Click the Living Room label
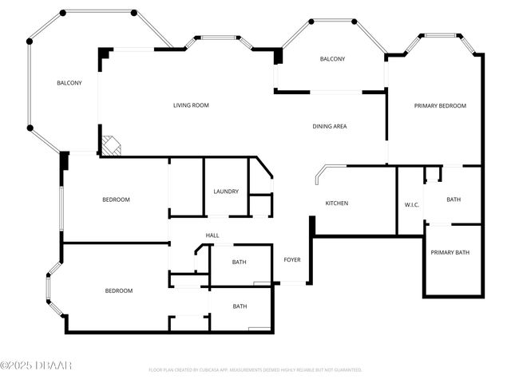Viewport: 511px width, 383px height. [x=192, y=105]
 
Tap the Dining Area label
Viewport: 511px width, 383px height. [x=329, y=126]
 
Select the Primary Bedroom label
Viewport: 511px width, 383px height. [x=440, y=105]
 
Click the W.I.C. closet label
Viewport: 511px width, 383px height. [x=412, y=205]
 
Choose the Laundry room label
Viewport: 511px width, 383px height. [x=226, y=191]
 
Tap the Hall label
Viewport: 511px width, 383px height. [x=212, y=235]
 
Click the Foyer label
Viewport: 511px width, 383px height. [x=292, y=260]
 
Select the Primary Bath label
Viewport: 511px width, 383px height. [x=450, y=253]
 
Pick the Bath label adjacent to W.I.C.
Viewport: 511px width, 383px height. [x=454, y=199]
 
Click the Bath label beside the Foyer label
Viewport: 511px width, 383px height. [x=240, y=263]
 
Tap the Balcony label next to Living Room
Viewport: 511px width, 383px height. [x=69, y=83]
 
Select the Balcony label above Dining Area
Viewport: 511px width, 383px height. [x=332, y=59]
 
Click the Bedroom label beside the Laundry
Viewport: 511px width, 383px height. [x=116, y=199]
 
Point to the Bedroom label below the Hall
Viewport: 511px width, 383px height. [x=119, y=291]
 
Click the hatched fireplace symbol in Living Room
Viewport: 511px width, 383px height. [x=111, y=146]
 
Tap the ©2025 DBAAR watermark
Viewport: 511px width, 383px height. [x=36, y=365]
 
